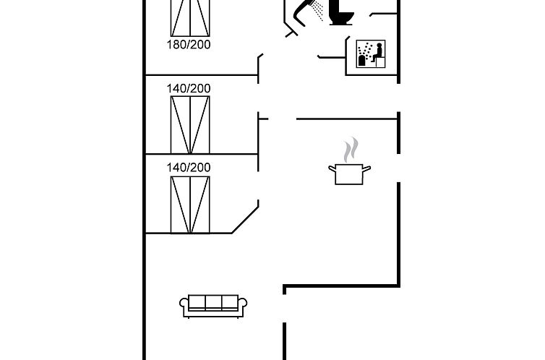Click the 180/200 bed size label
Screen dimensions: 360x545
189,44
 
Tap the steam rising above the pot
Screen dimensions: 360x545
351,150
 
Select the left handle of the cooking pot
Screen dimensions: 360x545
332,168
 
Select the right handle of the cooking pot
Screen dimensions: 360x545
368,168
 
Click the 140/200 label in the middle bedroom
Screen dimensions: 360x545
189,88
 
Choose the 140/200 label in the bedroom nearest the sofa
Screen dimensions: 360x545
189,167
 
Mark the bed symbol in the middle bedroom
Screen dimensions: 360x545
190,124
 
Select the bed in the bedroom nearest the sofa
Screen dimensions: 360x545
190,204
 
